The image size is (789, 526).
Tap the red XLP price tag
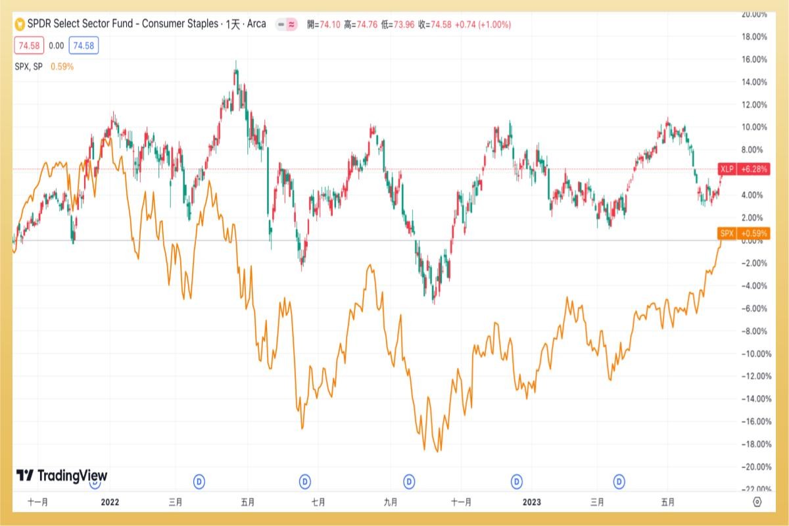[743, 169]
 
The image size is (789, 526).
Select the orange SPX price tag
[743, 233]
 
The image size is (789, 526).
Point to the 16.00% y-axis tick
[752, 59]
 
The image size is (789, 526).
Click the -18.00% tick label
[751, 444]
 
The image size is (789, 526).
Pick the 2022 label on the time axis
[109, 502]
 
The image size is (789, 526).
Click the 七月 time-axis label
[318, 502]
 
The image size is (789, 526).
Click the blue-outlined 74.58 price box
[84, 45]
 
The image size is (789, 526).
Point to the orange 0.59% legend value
[62, 66]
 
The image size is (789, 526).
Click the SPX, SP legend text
[28, 66]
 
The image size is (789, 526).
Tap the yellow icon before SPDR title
[20, 24]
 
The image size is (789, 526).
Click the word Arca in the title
[256, 24]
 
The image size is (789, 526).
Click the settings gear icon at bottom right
[757, 502]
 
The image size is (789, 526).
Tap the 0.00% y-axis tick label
[752, 241]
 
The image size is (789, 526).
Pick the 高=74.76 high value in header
[356, 24]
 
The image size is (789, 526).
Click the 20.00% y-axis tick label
[752, 14]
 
